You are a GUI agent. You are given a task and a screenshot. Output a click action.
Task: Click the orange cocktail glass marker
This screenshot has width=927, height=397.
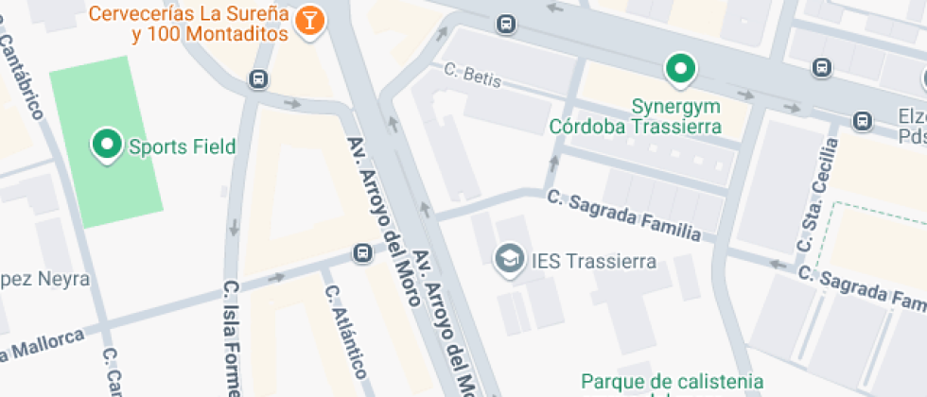(308, 20)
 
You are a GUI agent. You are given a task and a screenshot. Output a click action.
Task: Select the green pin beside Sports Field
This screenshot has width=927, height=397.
(107, 145)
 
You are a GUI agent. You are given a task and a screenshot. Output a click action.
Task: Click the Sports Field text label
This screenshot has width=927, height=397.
(182, 147)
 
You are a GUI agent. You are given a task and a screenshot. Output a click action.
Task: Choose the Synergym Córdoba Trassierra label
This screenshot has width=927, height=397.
(637, 115)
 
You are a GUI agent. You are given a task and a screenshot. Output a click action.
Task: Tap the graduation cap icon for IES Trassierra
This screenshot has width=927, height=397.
(511, 258)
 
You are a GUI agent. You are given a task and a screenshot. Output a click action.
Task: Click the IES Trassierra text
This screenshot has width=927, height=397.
(594, 260)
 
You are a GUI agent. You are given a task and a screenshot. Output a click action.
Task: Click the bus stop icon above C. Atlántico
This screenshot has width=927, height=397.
(362, 252)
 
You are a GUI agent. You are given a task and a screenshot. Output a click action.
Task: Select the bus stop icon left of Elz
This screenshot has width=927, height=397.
(862, 121)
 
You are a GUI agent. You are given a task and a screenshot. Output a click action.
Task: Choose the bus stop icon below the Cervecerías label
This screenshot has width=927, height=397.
(257, 78)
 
